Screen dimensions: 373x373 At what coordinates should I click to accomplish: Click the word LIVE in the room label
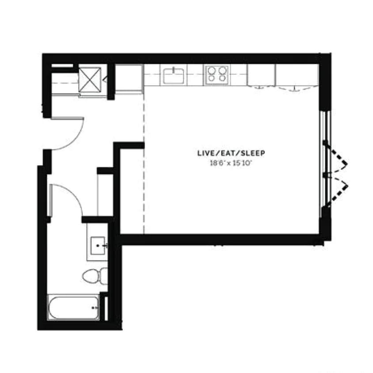click(x=205, y=153)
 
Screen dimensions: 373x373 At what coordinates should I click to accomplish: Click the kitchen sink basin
click(x=174, y=76)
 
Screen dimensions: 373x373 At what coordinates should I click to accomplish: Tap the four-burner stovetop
click(x=217, y=74)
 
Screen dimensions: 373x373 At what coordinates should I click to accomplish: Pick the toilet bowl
click(x=90, y=276)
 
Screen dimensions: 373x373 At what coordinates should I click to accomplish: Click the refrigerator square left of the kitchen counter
click(x=129, y=78)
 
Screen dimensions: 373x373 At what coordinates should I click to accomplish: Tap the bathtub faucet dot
click(x=95, y=307)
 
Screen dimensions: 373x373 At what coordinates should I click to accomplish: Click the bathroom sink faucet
click(x=105, y=245)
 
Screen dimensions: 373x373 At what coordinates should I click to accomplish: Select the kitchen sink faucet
click(x=174, y=69)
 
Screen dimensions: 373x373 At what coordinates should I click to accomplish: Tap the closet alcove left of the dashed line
click(x=132, y=190)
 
